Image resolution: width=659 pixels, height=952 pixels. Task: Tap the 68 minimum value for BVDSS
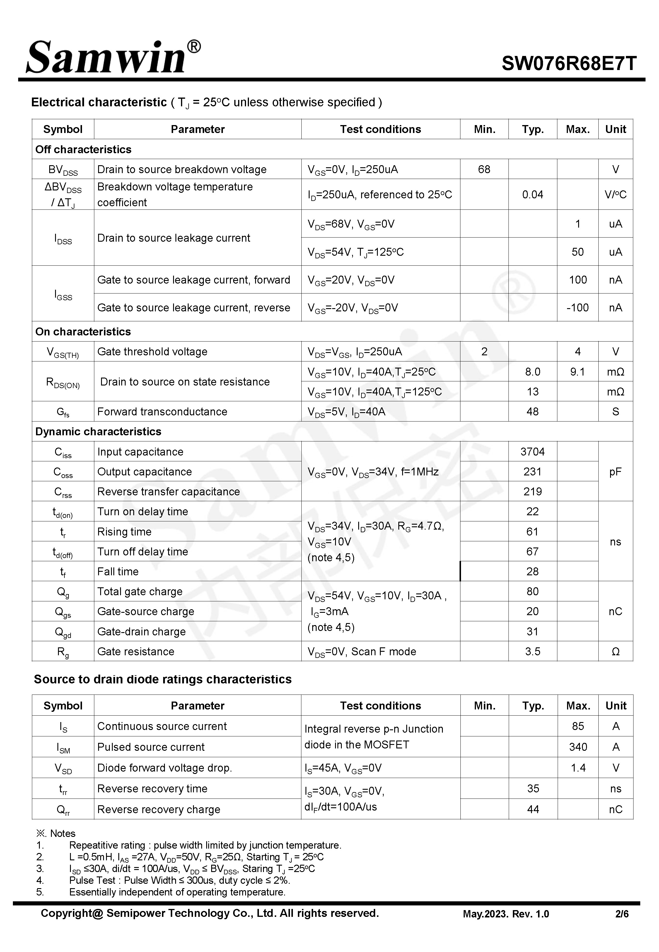coord(484,169)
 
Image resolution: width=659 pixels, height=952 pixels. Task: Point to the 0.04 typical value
coord(532,195)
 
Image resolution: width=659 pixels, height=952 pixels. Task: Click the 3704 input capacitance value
coord(532,452)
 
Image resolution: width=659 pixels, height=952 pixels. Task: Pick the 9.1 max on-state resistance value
coord(577,372)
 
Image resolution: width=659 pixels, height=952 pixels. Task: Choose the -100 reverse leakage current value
coord(577,308)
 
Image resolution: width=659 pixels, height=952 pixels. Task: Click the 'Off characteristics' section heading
coord(83,149)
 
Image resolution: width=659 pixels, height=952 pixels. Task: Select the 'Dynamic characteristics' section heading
coord(98,431)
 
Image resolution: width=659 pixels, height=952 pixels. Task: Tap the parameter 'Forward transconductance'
coord(162,412)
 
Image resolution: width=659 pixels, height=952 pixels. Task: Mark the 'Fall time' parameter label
coord(118,571)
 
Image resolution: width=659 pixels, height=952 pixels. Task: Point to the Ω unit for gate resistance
coord(615,651)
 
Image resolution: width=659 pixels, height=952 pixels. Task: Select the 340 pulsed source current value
coord(578,747)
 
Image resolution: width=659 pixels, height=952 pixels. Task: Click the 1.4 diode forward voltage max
coord(578,767)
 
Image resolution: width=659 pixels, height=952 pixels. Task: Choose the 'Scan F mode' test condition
coord(384,651)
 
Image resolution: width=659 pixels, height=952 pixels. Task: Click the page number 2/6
coord(622,914)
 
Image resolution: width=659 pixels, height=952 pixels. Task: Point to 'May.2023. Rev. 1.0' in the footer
coord(506,914)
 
